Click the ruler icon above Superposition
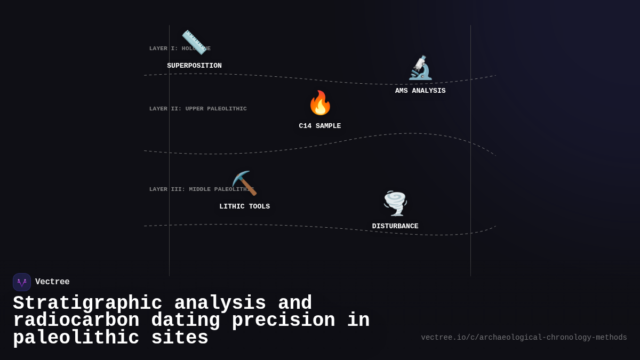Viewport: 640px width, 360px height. click(x=194, y=42)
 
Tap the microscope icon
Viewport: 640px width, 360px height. click(x=420, y=68)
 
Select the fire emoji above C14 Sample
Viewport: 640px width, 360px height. click(x=320, y=103)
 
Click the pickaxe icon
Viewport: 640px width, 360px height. click(x=244, y=183)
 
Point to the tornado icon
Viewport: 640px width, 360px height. click(x=395, y=203)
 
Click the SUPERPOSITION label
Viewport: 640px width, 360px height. click(x=194, y=66)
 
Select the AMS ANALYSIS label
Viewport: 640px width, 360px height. click(x=420, y=91)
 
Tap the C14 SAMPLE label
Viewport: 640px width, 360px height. click(x=320, y=126)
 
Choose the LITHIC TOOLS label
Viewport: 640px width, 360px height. click(x=244, y=207)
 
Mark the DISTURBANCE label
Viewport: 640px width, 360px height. click(x=395, y=227)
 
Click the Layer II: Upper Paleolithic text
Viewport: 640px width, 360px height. click(x=198, y=109)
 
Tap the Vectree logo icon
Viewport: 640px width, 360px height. click(x=22, y=282)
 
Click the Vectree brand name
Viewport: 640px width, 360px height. click(x=52, y=282)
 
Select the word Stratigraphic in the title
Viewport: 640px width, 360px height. click(x=87, y=303)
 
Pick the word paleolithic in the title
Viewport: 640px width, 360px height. click(x=76, y=338)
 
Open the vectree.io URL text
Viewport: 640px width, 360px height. click(x=524, y=338)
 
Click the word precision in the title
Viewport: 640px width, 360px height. click(x=283, y=321)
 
